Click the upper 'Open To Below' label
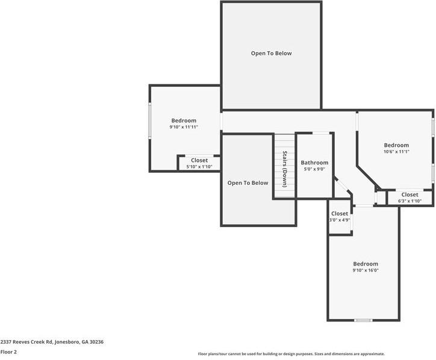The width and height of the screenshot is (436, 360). [271, 54]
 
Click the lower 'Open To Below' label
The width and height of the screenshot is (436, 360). [248, 183]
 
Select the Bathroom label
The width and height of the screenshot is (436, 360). [314, 163]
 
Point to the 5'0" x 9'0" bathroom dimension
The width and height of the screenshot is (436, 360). [314, 170]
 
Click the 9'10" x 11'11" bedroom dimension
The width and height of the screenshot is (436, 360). [184, 127]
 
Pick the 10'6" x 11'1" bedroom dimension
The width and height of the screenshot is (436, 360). [396, 152]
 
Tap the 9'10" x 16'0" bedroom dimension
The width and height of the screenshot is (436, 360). [365, 271]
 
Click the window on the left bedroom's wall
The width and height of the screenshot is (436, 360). [151, 120]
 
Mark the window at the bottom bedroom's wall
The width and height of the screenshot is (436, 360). [363, 320]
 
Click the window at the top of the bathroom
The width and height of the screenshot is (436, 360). [321, 133]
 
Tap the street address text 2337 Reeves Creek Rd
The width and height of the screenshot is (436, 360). [52, 341]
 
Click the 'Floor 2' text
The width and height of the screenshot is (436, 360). [8, 352]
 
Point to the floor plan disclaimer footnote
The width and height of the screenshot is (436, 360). [291, 354]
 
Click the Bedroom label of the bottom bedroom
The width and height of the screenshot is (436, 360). [365, 264]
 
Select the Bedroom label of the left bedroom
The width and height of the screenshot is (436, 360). [184, 120]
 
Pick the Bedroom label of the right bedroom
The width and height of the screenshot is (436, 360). [396, 145]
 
